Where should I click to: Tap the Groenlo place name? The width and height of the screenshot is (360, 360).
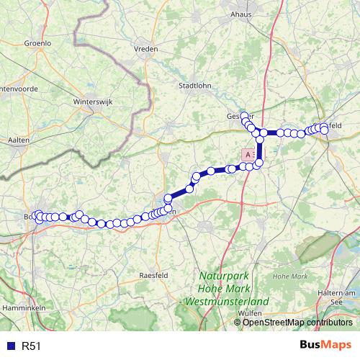point(37,43)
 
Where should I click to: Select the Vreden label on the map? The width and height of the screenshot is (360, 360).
point(146,49)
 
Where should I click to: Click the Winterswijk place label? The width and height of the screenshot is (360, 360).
point(90,102)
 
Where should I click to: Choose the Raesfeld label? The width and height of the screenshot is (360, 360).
point(152,275)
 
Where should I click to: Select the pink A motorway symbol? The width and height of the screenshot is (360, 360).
point(248,154)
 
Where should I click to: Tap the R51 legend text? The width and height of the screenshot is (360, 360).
point(31,346)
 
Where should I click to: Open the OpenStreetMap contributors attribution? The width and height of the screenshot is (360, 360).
point(297,323)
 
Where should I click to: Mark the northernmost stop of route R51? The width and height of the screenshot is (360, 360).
point(245,116)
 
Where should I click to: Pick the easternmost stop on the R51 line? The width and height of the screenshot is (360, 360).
point(324,127)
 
